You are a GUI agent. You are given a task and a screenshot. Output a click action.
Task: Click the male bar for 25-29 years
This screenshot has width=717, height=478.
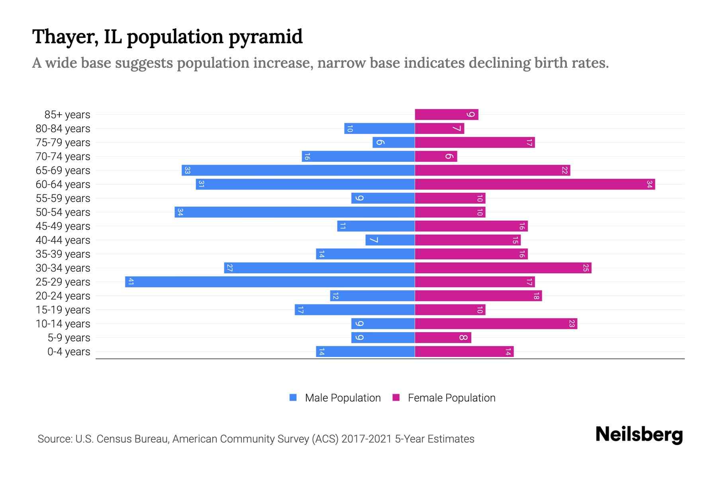click(270, 282)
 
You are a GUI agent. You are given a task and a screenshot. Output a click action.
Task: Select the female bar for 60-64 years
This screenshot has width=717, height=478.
click(535, 184)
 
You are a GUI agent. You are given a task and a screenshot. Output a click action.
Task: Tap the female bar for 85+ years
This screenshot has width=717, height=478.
click(446, 114)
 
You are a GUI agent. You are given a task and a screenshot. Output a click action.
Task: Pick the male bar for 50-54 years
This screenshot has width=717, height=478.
click(294, 212)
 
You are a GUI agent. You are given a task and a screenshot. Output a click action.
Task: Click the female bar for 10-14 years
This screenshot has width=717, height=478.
click(496, 323)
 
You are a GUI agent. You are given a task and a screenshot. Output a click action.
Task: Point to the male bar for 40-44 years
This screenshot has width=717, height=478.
click(390, 240)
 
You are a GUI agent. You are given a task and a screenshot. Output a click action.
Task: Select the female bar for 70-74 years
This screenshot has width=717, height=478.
click(436, 156)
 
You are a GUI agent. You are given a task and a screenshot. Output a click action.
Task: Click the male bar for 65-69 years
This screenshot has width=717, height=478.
click(298, 170)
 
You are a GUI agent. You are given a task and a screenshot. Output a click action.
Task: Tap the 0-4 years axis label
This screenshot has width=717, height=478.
click(69, 352)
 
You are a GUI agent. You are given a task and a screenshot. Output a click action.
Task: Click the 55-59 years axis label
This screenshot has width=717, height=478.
click(63, 198)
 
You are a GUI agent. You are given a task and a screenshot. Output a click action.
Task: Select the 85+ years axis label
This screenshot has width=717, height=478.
click(67, 115)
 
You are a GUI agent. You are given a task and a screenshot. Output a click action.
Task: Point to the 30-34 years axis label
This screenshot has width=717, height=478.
click(63, 268)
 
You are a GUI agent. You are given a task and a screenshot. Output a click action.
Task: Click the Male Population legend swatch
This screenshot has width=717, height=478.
click(293, 398)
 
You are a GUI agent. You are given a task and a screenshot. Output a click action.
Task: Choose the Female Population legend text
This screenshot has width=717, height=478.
click(451, 398)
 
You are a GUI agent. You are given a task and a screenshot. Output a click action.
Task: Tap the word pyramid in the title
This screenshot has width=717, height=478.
click(265, 37)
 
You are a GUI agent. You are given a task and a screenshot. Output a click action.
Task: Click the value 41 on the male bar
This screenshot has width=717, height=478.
click(131, 282)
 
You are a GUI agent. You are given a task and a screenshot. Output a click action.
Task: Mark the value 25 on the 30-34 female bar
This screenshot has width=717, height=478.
click(586, 268)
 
